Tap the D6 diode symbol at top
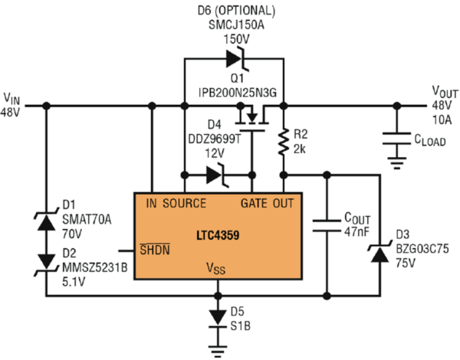(x=234, y=58)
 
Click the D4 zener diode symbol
(x=215, y=175)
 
